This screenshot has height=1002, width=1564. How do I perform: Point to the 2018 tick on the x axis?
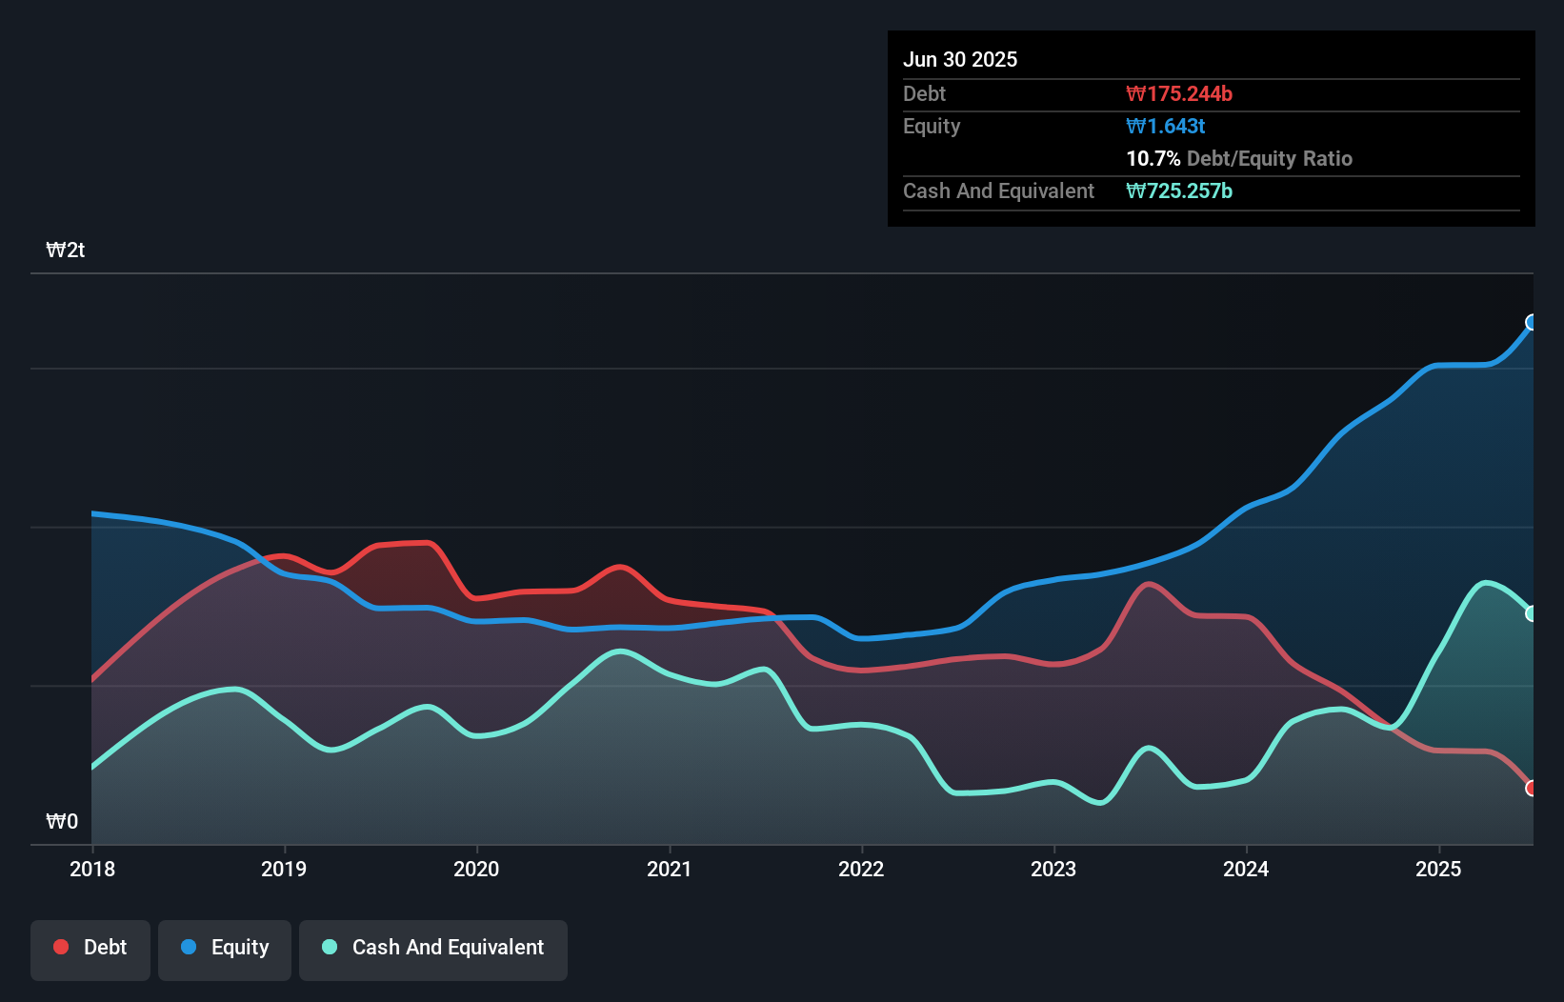click(x=92, y=869)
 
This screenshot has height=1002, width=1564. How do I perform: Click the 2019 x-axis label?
click(x=284, y=869)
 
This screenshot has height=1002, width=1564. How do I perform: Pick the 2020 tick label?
click(x=476, y=869)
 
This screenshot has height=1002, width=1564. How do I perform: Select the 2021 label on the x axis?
click(x=669, y=869)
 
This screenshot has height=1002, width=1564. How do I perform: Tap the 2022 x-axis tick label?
click(x=861, y=869)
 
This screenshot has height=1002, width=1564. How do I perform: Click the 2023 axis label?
click(x=1053, y=869)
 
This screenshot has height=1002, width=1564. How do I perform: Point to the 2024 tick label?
click(x=1246, y=869)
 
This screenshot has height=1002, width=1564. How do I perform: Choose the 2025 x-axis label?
click(x=1438, y=869)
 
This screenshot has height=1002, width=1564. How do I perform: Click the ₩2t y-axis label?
click(x=66, y=250)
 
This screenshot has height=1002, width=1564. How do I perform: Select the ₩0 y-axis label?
click(x=62, y=821)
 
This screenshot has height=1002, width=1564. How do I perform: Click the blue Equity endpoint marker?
click(x=1532, y=322)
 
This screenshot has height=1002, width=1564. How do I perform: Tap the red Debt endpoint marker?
click(x=1532, y=788)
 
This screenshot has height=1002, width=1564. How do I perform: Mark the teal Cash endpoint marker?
click(x=1532, y=613)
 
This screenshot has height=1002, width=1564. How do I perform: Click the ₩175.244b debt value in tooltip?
click(x=1179, y=94)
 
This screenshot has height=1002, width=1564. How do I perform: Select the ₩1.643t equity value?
click(x=1166, y=127)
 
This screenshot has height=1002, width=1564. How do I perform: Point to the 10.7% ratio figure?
click(x=1153, y=159)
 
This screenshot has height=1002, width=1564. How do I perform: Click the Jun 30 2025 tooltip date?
click(x=960, y=60)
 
